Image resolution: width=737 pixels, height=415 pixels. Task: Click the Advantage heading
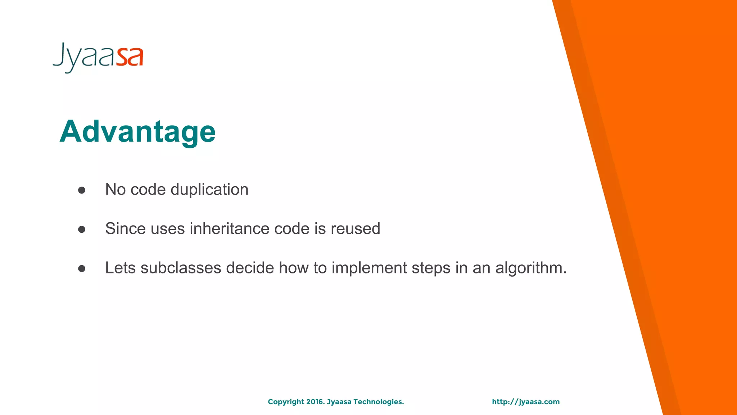click(x=137, y=131)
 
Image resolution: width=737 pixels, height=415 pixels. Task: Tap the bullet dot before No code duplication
click(x=82, y=190)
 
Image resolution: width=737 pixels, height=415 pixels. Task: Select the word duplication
click(x=209, y=189)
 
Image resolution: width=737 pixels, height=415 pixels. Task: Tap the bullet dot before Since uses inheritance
click(x=82, y=229)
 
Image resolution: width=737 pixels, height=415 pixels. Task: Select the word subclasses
click(x=181, y=268)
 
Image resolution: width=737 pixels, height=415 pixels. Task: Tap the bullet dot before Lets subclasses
click(x=82, y=269)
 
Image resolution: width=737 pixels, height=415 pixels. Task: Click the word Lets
click(x=120, y=268)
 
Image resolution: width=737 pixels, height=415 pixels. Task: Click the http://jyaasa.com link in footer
click(x=526, y=402)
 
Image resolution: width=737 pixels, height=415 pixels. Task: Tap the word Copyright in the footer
click(x=286, y=402)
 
